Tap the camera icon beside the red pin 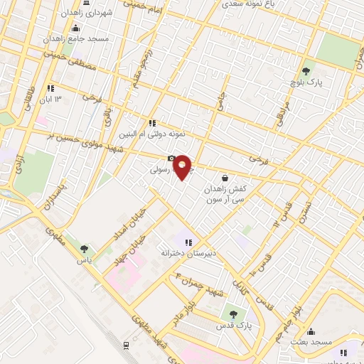171,159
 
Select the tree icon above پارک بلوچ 306,70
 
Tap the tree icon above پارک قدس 232,314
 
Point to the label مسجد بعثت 311,343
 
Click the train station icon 127,344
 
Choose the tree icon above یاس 85,248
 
